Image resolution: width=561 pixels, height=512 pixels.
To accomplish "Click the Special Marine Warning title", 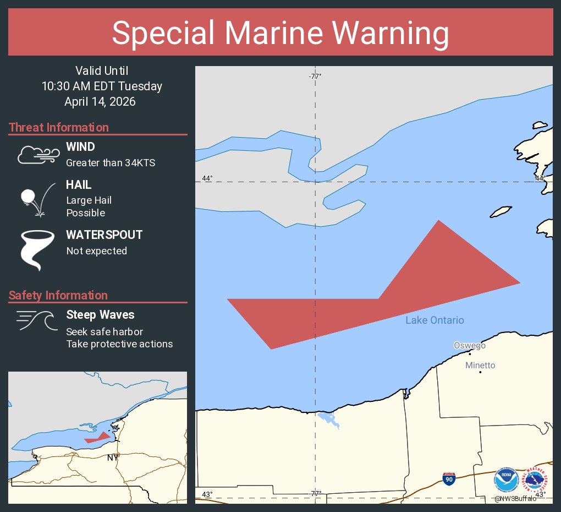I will [280, 33].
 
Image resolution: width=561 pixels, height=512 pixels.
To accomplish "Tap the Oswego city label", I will [469, 345].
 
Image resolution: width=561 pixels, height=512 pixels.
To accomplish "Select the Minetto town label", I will [480, 365].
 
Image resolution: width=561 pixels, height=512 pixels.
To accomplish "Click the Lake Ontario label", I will [435, 320].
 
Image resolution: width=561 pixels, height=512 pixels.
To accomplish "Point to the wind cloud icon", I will [38, 155].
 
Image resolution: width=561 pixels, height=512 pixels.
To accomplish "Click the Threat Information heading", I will [59, 128].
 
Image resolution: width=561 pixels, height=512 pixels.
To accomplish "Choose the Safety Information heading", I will [58, 296].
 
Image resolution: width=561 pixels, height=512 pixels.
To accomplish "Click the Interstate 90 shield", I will [449, 478].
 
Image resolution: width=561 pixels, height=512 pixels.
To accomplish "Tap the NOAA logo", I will [506, 480].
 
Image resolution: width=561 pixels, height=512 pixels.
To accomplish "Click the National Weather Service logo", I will [537, 480].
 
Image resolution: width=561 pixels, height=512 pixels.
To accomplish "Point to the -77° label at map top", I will [315, 76].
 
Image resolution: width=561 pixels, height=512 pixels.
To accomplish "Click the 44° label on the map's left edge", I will [207, 178].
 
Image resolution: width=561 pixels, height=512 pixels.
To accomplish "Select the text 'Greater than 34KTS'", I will [111, 163].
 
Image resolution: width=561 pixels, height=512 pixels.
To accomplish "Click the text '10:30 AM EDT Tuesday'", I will [102, 86].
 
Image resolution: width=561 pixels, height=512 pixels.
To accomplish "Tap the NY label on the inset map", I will [112, 457].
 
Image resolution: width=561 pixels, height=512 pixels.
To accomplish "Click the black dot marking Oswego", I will [470, 353].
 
